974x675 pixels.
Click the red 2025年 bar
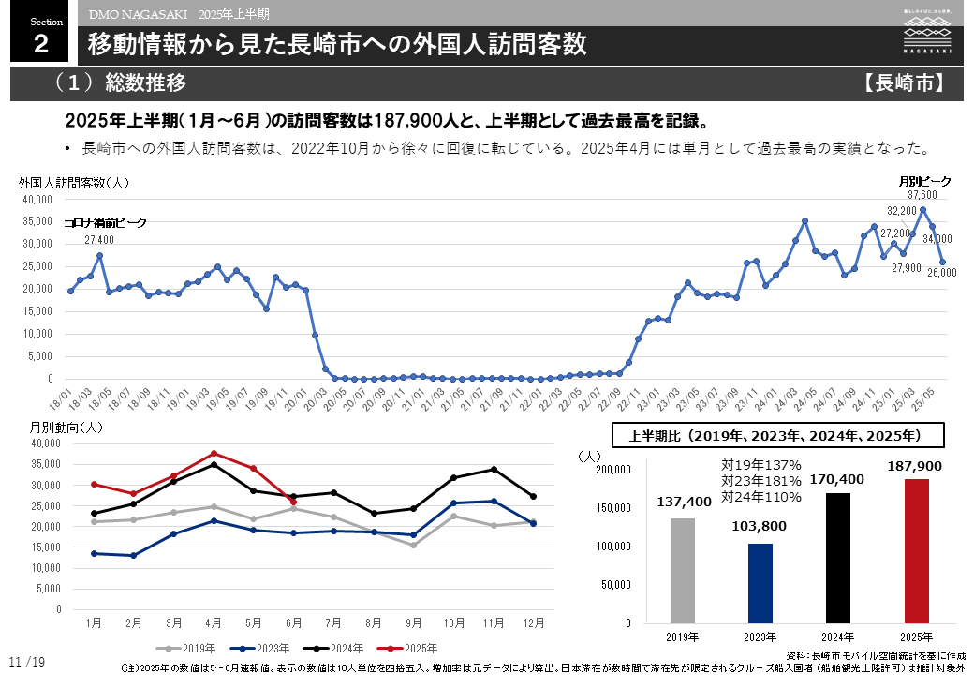click(916, 550)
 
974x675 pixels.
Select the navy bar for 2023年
click(760, 583)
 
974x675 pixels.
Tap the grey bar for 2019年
click(683, 570)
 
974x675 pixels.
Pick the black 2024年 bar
click(838, 558)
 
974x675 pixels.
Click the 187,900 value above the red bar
click(916, 466)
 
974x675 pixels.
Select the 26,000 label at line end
click(941, 273)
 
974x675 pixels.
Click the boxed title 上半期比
click(776, 436)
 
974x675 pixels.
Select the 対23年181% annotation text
click(760, 480)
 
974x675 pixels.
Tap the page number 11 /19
click(27, 663)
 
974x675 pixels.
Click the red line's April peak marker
click(214, 454)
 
